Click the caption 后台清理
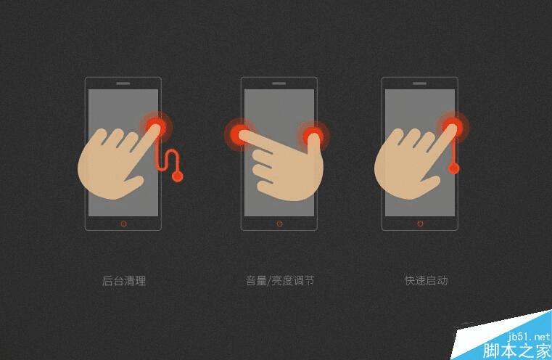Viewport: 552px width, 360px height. point(124,281)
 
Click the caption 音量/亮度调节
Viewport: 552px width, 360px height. point(279,281)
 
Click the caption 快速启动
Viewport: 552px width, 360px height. point(426,281)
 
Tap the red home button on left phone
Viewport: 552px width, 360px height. point(123,223)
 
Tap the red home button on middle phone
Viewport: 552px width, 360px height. point(279,223)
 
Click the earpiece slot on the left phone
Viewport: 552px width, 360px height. point(123,83)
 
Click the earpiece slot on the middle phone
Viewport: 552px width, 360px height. point(279,83)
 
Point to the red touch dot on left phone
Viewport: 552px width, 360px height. point(156,126)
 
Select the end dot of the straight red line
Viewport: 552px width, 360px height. point(453,169)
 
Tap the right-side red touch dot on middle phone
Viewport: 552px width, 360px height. point(313,134)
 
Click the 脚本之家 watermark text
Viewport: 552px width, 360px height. point(519,351)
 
